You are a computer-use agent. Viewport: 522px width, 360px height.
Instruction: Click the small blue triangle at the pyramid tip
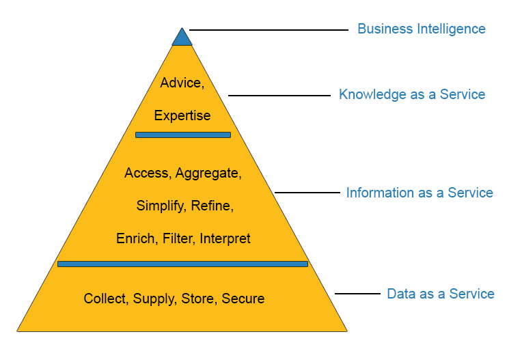point(182,38)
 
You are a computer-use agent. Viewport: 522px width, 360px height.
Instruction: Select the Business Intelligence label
point(421,29)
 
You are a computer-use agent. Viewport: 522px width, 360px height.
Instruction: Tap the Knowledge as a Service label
point(412,95)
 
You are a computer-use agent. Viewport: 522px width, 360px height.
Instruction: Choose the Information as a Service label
point(420,193)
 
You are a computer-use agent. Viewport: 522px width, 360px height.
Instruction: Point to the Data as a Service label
point(441,294)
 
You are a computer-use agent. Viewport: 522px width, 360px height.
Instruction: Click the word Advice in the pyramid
point(181,83)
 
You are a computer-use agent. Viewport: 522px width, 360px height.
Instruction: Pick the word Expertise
point(182,115)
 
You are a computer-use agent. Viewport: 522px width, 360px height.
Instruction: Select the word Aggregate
point(208,174)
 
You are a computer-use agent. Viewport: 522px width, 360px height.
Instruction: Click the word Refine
point(212,206)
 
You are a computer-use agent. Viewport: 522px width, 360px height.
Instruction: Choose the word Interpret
point(225,238)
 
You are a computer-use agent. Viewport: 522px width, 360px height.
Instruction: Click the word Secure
point(243,299)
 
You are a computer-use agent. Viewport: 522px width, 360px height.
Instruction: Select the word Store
point(198,299)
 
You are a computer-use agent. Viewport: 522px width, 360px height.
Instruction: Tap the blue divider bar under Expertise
point(183,135)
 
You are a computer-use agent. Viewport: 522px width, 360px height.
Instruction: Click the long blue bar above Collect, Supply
point(182,264)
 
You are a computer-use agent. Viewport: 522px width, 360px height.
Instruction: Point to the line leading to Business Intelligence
point(269,30)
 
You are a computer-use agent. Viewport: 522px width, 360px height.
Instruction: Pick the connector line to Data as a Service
point(357,294)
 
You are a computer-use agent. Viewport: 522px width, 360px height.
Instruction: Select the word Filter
point(178,238)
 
